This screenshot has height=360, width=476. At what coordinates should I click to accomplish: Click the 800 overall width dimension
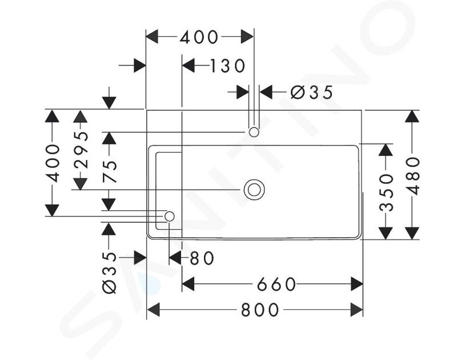260,310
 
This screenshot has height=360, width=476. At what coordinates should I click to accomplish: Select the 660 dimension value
277,284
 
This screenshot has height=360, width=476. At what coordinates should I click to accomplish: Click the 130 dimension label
227,66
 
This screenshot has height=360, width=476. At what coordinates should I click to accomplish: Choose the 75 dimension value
109,171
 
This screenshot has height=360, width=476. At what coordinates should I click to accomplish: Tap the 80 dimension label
201,258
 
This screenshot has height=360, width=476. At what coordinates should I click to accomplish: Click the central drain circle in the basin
254,189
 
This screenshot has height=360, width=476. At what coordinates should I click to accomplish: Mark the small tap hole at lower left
169,216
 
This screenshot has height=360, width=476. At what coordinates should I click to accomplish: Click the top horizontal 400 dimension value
199,37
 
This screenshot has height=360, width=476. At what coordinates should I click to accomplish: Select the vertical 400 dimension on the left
53,163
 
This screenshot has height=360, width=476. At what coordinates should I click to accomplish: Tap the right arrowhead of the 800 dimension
357,310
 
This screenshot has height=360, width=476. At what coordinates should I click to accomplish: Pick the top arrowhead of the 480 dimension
412,116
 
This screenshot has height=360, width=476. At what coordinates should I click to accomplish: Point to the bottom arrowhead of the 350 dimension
387,233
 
